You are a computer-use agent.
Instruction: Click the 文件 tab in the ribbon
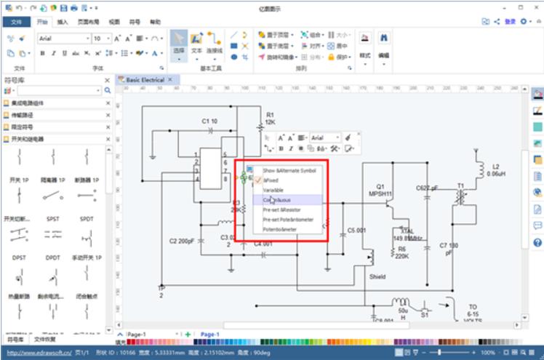pyautogui.click(x=17, y=22)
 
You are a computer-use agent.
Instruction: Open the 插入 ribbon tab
pyautogui.click(x=63, y=22)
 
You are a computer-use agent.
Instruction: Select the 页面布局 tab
pyautogui.click(x=88, y=22)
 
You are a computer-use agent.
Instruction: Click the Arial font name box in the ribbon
pyautogui.click(x=59, y=38)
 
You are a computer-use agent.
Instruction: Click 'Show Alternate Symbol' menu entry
pyautogui.click(x=289, y=170)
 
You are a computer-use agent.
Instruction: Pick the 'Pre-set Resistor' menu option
pyautogui.click(x=281, y=209)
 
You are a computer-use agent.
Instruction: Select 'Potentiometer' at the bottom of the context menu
pyautogui.click(x=281, y=229)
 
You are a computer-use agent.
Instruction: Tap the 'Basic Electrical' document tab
pyautogui.click(x=145, y=79)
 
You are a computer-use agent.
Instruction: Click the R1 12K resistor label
pyautogui.click(x=270, y=119)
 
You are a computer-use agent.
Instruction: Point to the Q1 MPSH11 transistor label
pyautogui.click(x=380, y=190)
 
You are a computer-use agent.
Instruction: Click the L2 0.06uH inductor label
pyautogui.click(x=496, y=170)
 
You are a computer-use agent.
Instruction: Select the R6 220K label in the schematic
pyautogui.click(x=402, y=252)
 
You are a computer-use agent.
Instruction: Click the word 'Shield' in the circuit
pyautogui.click(x=377, y=276)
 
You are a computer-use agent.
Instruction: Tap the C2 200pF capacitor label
pyautogui.click(x=182, y=240)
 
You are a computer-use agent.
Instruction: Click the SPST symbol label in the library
pyautogui.click(x=52, y=218)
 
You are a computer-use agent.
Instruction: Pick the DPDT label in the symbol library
pyautogui.click(x=52, y=257)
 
